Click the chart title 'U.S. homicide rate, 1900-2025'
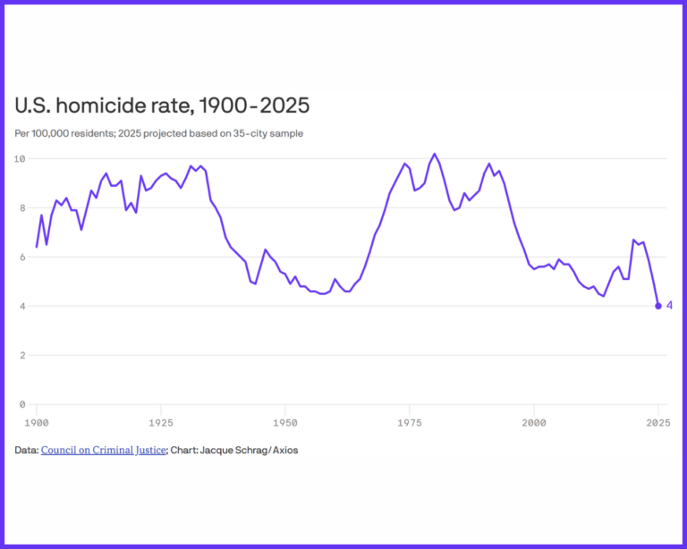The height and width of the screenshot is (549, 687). tap(162, 106)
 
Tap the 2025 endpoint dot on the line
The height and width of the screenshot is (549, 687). tap(658, 306)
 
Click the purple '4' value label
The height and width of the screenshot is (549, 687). tap(669, 306)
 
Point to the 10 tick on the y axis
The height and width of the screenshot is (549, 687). tap(20, 158)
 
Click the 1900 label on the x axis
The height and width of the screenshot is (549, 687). tap(37, 421)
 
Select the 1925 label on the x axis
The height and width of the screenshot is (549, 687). tap(161, 421)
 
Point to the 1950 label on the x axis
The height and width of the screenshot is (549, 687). tap(285, 421)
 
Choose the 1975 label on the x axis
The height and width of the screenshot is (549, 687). tap(410, 421)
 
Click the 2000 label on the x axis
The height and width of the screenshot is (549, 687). tap(534, 421)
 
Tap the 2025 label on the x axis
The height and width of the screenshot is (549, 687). tap(658, 421)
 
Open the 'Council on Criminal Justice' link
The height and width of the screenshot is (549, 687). tap(104, 450)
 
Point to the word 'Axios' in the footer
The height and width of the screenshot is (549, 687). tap(284, 450)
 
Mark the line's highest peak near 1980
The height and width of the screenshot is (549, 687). tap(435, 154)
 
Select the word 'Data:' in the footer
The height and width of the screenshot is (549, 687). tap(27, 450)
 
